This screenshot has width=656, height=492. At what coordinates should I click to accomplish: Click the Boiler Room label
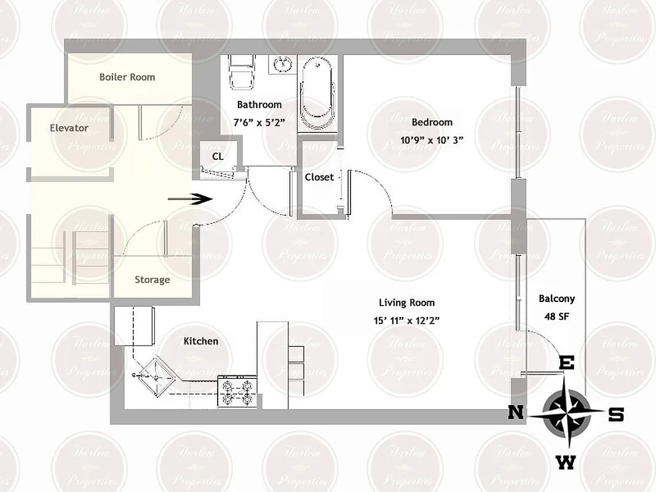click(127, 77)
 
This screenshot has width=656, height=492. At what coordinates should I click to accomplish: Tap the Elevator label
click(69, 128)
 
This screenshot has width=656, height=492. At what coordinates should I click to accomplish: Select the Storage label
click(152, 280)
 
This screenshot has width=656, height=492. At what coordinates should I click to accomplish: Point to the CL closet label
click(218, 156)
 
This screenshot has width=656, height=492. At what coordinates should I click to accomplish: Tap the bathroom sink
click(282, 64)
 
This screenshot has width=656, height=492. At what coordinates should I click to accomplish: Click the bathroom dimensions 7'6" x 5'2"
click(259, 122)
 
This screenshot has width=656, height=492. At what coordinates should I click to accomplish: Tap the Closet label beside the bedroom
click(319, 177)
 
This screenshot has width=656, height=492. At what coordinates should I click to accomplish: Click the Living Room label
click(406, 303)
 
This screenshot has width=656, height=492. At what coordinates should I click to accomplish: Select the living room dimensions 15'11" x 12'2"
click(406, 320)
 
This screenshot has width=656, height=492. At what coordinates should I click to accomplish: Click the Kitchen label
click(200, 341)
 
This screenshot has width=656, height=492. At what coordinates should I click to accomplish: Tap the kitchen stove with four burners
click(238, 392)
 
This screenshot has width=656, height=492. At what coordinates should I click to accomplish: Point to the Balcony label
click(556, 299)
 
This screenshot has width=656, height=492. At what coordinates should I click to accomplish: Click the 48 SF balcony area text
click(556, 317)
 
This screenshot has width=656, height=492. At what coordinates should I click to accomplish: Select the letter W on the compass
click(566, 462)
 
